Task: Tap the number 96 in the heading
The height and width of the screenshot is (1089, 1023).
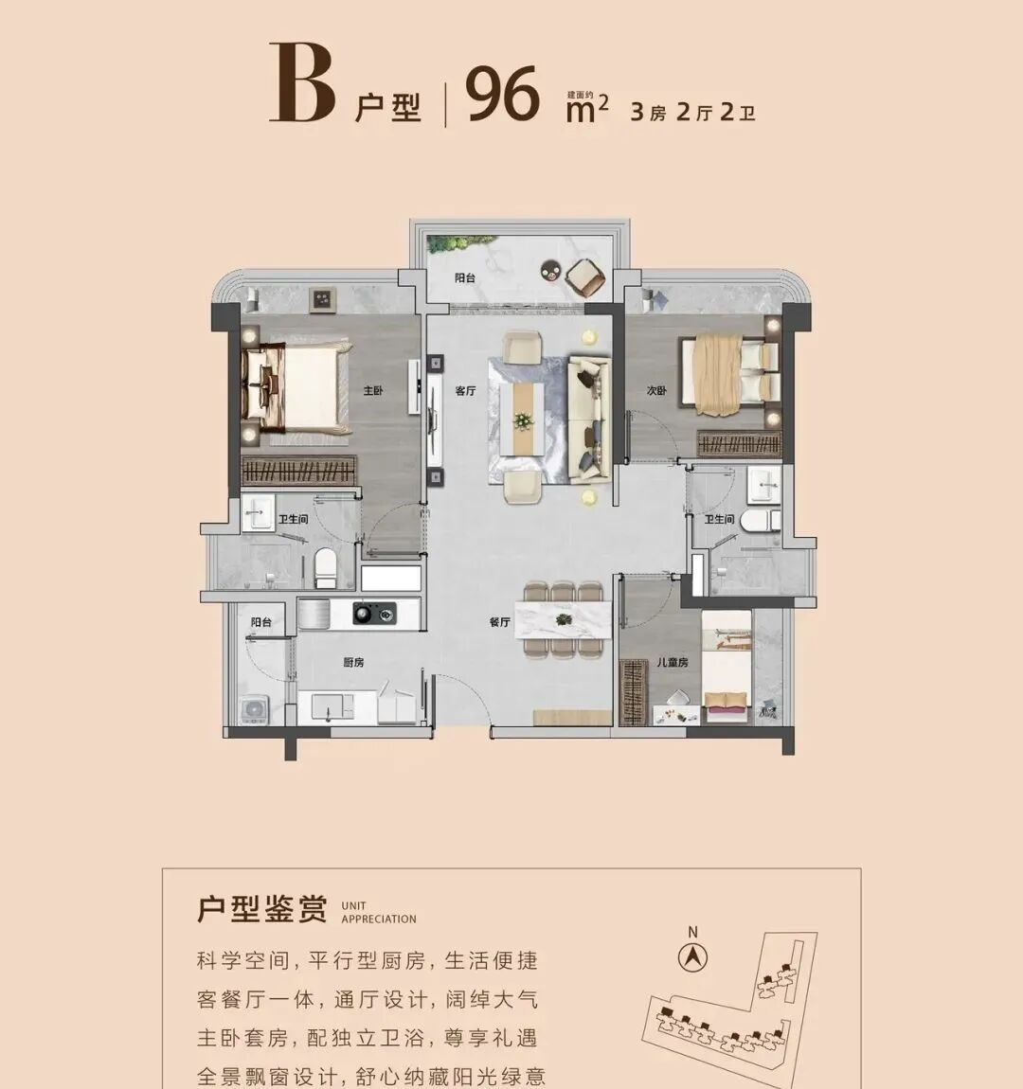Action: pos(503,96)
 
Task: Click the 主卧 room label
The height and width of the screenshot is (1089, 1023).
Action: pos(373,390)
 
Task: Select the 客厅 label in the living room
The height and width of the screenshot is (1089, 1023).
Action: pos(465,390)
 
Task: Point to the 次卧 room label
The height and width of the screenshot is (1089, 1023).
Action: pos(656,390)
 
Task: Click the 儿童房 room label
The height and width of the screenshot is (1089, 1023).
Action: pos(673,662)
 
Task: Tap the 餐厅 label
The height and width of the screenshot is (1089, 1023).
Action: pos(500,622)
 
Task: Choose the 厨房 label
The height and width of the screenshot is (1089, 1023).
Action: pos(353,662)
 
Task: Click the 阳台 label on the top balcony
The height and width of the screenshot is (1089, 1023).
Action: pos(464,278)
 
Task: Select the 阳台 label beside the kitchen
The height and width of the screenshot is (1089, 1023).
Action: pos(261,622)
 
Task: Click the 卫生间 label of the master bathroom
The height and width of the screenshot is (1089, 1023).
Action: pos(293,519)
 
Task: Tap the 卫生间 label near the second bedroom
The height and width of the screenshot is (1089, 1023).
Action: pos(719,519)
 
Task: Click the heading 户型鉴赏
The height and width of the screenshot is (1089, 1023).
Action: pos(261,909)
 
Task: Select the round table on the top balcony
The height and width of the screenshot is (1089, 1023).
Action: pos(549,270)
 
